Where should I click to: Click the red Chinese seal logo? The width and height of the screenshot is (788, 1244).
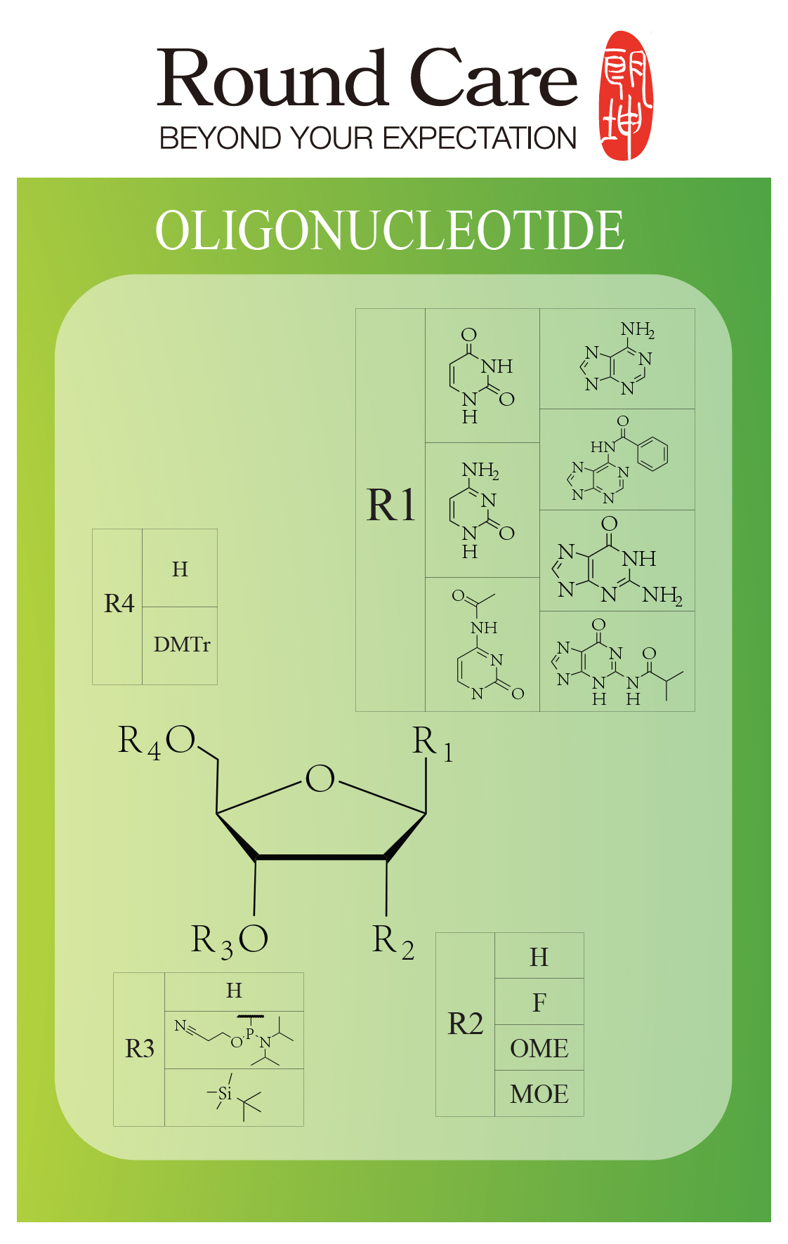626,95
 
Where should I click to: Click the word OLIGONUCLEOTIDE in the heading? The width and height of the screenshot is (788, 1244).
390,230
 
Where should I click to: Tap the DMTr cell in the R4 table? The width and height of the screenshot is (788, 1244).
181,644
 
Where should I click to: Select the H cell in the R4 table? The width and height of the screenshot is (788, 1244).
180,569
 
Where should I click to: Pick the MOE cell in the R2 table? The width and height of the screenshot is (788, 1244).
539,1094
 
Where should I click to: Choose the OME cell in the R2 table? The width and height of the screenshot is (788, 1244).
539,1048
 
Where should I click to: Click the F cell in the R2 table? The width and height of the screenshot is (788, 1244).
539,1003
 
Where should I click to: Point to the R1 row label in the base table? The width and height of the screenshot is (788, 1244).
391,505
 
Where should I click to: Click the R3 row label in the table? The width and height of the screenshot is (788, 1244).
140,1049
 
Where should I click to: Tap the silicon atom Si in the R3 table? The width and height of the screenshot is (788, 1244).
225,1093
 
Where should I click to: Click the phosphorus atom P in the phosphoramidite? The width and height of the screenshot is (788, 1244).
250,1033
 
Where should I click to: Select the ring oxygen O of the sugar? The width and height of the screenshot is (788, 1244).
320,779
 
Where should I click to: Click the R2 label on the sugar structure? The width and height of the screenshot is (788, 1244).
393,941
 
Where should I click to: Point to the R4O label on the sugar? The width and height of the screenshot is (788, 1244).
157,741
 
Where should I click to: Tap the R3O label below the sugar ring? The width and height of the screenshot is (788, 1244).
230,940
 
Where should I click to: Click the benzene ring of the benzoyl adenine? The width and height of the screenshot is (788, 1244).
652,454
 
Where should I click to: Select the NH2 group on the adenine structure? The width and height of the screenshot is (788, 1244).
638,330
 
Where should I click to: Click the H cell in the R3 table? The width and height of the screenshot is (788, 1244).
234,991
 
